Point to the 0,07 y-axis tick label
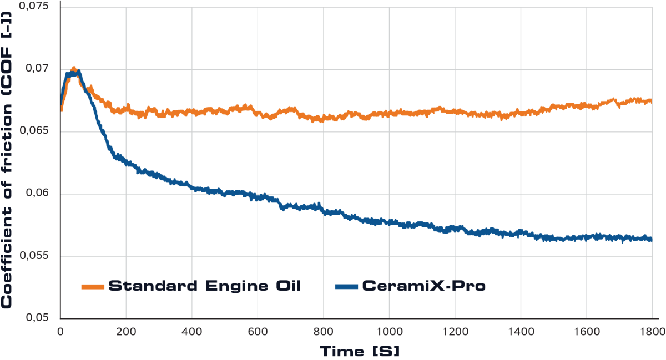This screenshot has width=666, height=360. click(x=38, y=69)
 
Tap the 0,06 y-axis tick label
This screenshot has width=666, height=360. click(x=38, y=194)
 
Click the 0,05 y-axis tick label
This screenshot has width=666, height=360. click(x=38, y=318)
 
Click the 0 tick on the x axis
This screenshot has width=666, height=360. click(x=60, y=332)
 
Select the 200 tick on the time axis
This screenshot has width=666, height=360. click(x=126, y=332)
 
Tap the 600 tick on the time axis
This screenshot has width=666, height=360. click(x=258, y=332)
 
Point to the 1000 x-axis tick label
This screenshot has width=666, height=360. click(x=389, y=332)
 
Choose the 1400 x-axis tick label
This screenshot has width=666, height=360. click(x=520, y=332)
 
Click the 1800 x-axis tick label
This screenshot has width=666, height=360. click(x=650, y=332)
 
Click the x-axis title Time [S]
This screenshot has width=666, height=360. click(x=359, y=351)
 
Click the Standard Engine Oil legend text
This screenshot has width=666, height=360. click(x=205, y=286)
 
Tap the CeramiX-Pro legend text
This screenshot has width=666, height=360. click(x=424, y=286)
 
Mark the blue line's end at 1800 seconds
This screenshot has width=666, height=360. click(x=650, y=239)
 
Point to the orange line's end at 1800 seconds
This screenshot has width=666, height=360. click(x=650, y=101)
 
